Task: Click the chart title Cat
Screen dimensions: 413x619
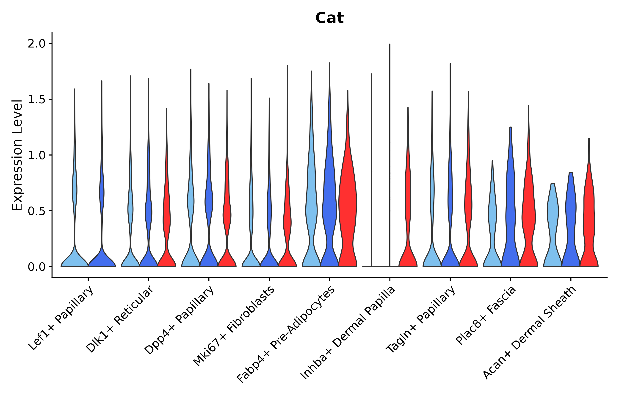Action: click(x=329, y=18)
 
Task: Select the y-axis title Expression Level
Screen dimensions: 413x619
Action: click(x=17, y=155)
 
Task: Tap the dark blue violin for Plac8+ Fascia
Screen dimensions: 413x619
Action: click(x=510, y=211)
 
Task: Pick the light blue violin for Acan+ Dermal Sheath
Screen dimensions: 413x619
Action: click(x=553, y=224)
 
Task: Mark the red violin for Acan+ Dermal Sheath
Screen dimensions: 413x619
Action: click(x=589, y=211)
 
